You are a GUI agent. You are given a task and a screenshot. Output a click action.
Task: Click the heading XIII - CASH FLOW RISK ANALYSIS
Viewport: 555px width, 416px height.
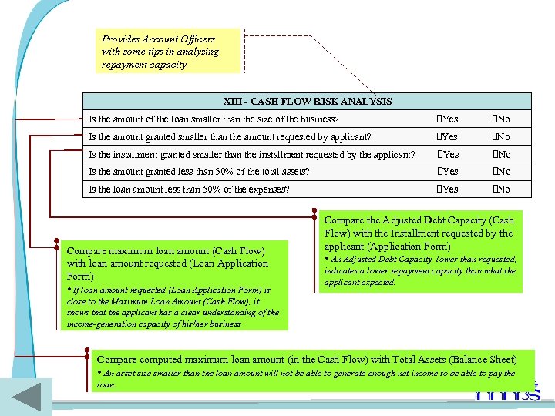[308, 101]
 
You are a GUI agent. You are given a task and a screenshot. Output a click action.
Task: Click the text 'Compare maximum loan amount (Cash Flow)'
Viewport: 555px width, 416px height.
[166, 250]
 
